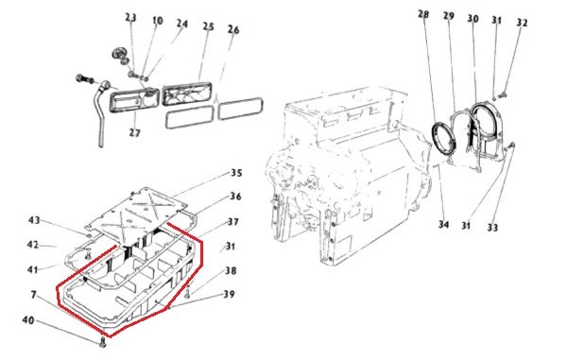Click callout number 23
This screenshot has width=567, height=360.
(131, 17)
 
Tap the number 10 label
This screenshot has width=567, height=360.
(157, 21)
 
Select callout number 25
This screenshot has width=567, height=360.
(208, 26)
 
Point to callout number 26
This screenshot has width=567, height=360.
(233, 29)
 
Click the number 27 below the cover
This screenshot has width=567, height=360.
(134, 132)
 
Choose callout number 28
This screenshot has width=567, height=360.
(423, 14)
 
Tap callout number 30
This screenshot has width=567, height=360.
(472, 19)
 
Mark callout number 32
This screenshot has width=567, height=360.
(522, 23)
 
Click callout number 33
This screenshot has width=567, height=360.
(492, 228)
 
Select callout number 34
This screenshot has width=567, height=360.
(443, 224)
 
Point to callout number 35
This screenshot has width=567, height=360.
(236, 173)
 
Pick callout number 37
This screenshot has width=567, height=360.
(232, 221)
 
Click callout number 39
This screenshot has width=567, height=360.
(229, 294)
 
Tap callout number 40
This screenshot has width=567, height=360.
(28, 320)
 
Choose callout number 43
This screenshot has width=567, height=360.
(34, 220)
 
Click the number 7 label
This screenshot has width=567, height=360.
(33, 295)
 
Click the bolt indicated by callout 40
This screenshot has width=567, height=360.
(102, 341)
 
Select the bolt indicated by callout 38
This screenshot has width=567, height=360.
(187, 292)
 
